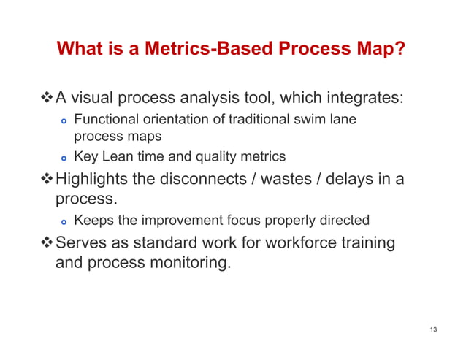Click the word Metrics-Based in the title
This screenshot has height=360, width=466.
tap(191, 50)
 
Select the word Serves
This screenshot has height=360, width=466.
tap(80, 242)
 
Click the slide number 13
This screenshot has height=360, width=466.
tap(433, 330)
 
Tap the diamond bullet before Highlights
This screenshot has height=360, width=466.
tap(47, 179)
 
